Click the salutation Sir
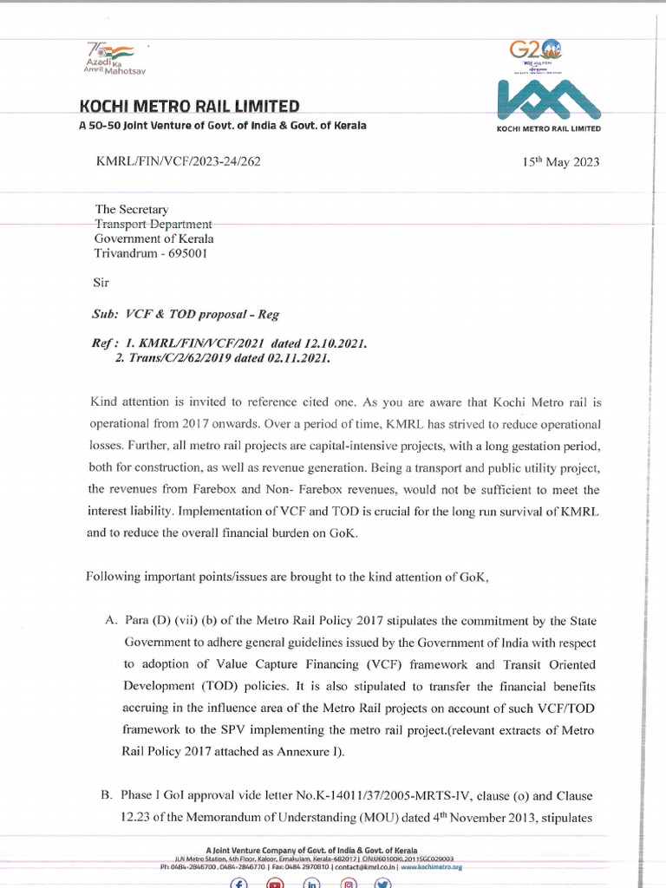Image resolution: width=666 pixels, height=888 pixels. tap(101, 283)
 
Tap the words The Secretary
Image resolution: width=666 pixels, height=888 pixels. tap(131, 209)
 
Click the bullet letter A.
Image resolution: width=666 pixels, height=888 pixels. tap(109, 621)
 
